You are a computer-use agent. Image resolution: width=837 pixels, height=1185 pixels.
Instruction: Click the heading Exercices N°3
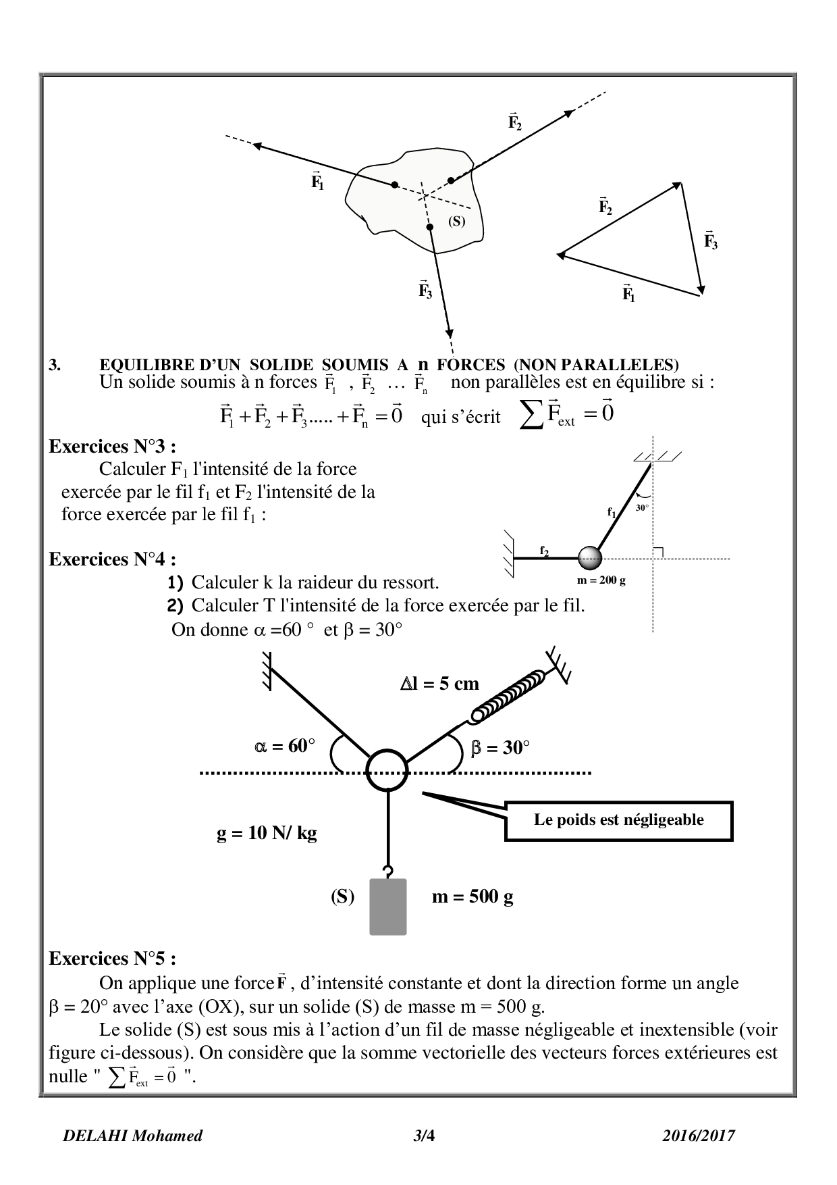(x=113, y=447)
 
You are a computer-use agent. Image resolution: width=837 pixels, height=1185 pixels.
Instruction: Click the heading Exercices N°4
(x=113, y=559)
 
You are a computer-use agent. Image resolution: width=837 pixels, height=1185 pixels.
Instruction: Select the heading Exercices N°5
(x=113, y=958)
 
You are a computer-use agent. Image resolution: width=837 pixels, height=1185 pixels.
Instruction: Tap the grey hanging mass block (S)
(x=388, y=907)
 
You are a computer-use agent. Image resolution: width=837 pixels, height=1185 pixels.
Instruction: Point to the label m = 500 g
(x=473, y=897)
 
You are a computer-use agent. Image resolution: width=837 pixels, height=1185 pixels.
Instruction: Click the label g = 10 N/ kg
(x=267, y=833)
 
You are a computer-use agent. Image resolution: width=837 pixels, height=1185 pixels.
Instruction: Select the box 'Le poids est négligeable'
(x=618, y=820)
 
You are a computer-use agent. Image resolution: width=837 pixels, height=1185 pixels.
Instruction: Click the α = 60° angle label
(x=284, y=746)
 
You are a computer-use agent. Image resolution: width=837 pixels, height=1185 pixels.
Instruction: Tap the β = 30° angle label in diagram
(x=500, y=748)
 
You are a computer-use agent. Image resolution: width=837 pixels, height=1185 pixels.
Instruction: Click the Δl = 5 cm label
(x=439, y=684)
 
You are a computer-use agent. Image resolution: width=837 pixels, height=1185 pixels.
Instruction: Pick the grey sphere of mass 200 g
(x=590, y=558)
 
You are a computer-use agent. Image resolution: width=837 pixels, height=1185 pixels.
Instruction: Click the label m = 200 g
(x=597, y=581)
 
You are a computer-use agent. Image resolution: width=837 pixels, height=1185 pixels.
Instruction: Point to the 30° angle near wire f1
(x=642, y=507)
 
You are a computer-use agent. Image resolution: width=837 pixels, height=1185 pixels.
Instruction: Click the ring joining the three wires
(x=388, y=770)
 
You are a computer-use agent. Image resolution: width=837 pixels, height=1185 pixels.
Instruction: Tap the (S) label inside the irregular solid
(x=457, y=221)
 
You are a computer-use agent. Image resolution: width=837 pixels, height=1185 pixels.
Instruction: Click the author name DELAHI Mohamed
(x=132, y=1136)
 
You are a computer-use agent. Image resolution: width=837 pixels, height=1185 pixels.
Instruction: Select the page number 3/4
(x=424, y=1136)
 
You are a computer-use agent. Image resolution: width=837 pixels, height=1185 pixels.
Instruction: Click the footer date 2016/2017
(x=699, y=1136)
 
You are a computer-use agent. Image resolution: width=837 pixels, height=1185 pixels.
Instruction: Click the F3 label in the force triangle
(x=711, y=241)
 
